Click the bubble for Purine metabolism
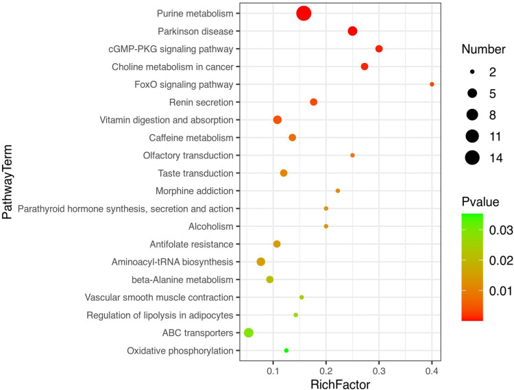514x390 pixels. [x=304, y=13]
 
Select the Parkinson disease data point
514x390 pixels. [x=352, y=31]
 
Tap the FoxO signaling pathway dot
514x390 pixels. [x=432, y=84]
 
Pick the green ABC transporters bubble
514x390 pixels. [x=249, y=332]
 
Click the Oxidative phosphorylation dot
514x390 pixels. [x=286, y=350]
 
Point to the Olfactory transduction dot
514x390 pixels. [x=352, y=156]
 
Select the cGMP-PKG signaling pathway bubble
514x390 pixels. [x=379, y=49]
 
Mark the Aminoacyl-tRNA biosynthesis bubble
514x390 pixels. [x=260, y=262]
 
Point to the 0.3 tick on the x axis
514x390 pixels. [x=379, y=371]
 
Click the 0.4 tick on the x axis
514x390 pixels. [x=432, y=371]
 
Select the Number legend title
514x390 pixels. [x=483, y=49]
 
